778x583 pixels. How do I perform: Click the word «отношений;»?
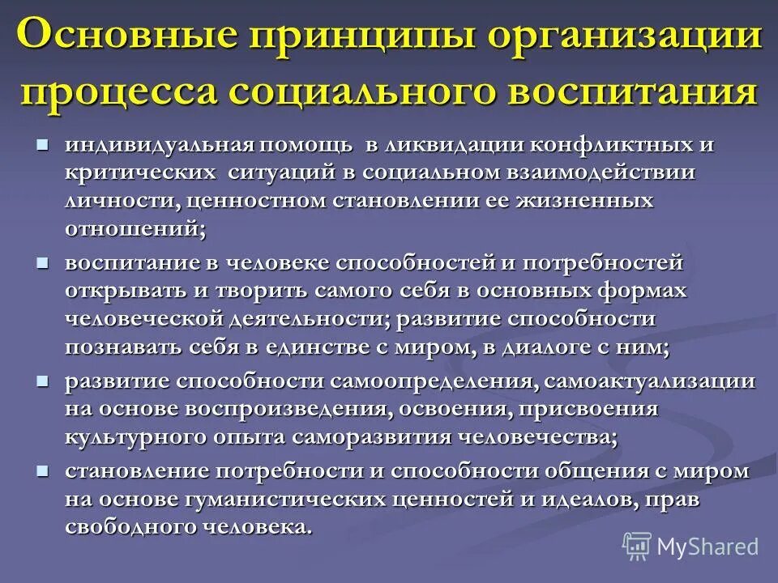[x=135, y=228]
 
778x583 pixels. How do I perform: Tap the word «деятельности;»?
[x=313, y=318]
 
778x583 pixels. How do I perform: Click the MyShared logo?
[x=691, y=546]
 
